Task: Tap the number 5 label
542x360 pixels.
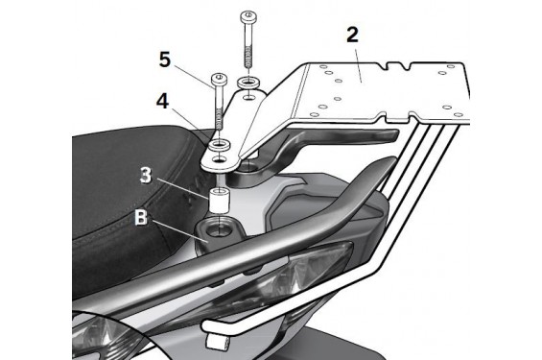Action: click(165, 60)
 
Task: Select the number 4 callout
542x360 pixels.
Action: click(165, 99)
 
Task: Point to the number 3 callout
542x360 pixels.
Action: click(146, 177)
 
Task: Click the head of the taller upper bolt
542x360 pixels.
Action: click(248, 16)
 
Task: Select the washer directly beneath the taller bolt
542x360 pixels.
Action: click(247, 82)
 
